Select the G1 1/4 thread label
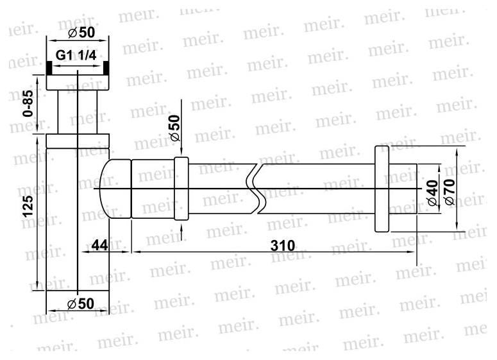coord(76,56)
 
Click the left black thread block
coord(49,68)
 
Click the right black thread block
coord(105,68)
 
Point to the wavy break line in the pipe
coord(257,189)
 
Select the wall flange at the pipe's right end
coord(382,189)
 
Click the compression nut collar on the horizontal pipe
coord(181,189)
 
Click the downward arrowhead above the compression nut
coord(182,151)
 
